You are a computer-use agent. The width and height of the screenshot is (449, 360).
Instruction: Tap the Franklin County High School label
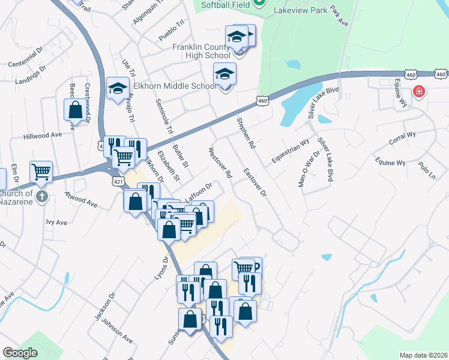tap(201, 51)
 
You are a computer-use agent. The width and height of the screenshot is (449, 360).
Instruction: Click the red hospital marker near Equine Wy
tap(419, 92)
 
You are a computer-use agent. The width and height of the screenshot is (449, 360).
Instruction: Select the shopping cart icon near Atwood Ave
tap(41, 172)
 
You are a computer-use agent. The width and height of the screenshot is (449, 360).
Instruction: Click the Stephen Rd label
tap(246, 133)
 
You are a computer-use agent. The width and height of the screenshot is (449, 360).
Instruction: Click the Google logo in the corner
tap(20, 353)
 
